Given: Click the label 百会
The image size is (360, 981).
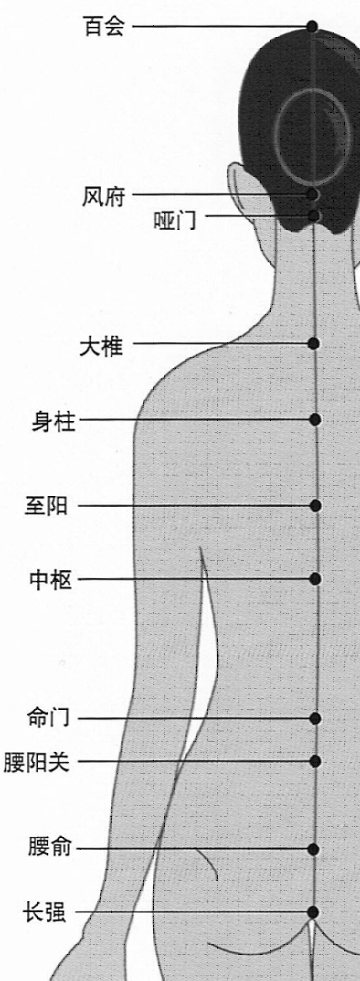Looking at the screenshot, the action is (x=104, y=26).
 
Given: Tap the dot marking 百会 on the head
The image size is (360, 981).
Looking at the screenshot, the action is (x=313, y=26).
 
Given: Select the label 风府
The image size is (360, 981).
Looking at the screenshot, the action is (x=103, y=196).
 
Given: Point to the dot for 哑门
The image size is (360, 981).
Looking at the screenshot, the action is (x=313, y=216).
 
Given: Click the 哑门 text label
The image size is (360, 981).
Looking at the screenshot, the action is (x=174, y=220).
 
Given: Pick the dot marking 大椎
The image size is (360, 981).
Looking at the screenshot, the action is (x=313, y=344).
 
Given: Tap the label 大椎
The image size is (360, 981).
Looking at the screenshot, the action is (x=101, y=347).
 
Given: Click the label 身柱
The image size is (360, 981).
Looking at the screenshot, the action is (x=54, y=423).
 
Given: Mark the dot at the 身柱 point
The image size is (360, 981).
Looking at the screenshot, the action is (x=315, y=419).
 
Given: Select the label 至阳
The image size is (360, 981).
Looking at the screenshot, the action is (x=46, y=506).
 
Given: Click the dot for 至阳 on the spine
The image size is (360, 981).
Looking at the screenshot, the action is (x=315, y=506).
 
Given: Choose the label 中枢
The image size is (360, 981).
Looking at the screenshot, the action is (x=51, y=580).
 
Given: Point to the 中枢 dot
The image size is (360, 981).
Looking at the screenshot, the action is (x=315, y=579).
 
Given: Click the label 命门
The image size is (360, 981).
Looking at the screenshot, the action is (x=48, y=718).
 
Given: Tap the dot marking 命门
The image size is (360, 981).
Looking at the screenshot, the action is (x=315, y=718).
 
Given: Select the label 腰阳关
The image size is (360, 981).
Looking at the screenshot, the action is (x=37, y=762).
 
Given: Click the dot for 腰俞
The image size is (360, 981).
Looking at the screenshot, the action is (x=313, y=850).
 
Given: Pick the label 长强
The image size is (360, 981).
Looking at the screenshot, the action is (x=44, y=912).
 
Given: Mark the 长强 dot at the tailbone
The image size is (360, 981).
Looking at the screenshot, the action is (x=313, y=912).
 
